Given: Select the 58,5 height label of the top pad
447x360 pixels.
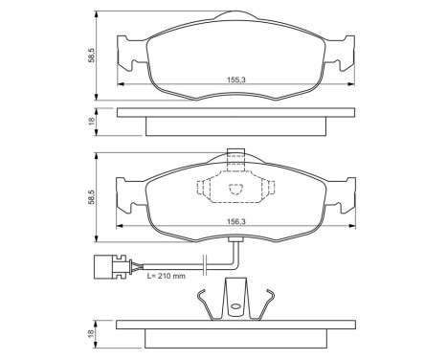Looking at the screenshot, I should click(x=91, y=57).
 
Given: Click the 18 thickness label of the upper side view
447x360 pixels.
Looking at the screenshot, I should click(x=91, y=122).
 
